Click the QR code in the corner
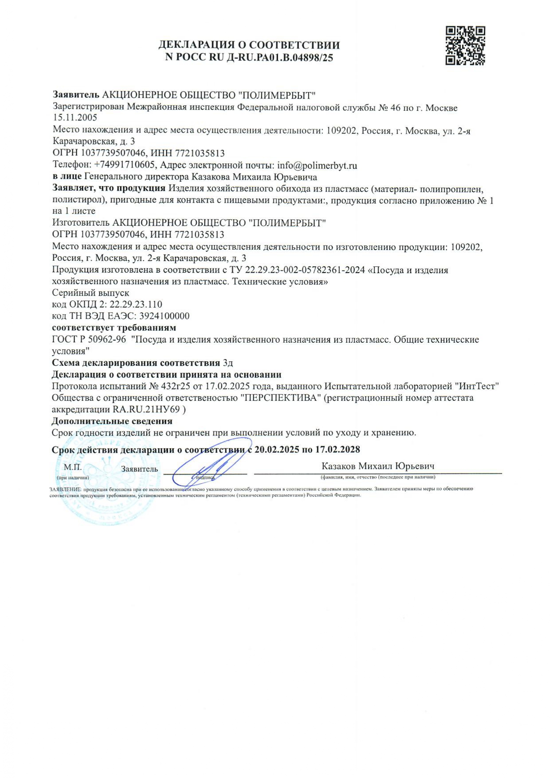[465, 46]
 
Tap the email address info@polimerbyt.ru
[317, 166]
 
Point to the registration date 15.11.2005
[75, 118]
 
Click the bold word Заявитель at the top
[76, 95]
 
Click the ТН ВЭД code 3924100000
[164, 316]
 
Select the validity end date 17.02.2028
[338, 450]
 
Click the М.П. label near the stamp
[73, 467]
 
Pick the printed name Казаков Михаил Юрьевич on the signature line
[378, 466]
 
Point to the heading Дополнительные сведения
[112, 421]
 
